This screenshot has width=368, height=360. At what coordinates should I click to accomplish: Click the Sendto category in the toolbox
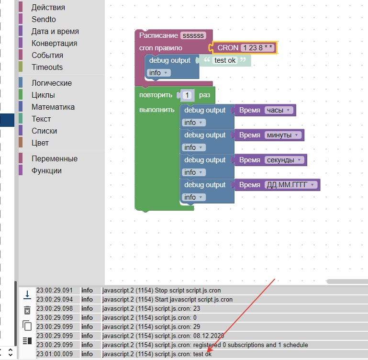(x=44, y=19)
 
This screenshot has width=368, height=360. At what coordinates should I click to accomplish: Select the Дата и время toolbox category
(x=55, y=31)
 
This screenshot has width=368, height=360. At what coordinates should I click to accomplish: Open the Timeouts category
(x=47, y=67)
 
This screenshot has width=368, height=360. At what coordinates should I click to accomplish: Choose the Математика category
(x=53, y=107)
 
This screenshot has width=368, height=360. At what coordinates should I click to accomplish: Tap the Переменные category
(x=55, y=159)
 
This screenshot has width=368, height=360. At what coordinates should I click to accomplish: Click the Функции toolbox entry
(x=46, y=171)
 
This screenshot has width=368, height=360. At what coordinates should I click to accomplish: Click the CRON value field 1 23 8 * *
(x=257, y=48)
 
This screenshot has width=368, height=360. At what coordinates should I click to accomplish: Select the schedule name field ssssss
(x=193, y=35)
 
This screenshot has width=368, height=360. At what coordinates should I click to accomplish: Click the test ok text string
(x=225, y=60)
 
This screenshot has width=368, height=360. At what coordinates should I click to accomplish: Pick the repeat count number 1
(x=187, y=95)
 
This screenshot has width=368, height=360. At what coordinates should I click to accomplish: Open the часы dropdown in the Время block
(x=279, y=110)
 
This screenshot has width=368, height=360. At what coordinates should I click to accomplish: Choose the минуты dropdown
(x=282, y=135)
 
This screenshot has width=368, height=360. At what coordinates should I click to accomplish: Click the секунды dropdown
(x=284, y=160)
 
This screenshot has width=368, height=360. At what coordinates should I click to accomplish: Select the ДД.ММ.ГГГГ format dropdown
(x=291, y=185)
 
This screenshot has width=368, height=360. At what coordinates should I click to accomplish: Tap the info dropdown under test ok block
(x=159, y=73)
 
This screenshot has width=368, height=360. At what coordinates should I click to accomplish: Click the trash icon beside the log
(x=27, y=310)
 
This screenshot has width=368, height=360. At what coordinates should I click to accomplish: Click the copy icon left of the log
(x=27, y=326)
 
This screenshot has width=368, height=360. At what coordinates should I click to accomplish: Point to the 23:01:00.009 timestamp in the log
(x=55, y=354)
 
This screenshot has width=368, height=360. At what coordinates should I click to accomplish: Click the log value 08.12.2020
(x=209, y=336)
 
